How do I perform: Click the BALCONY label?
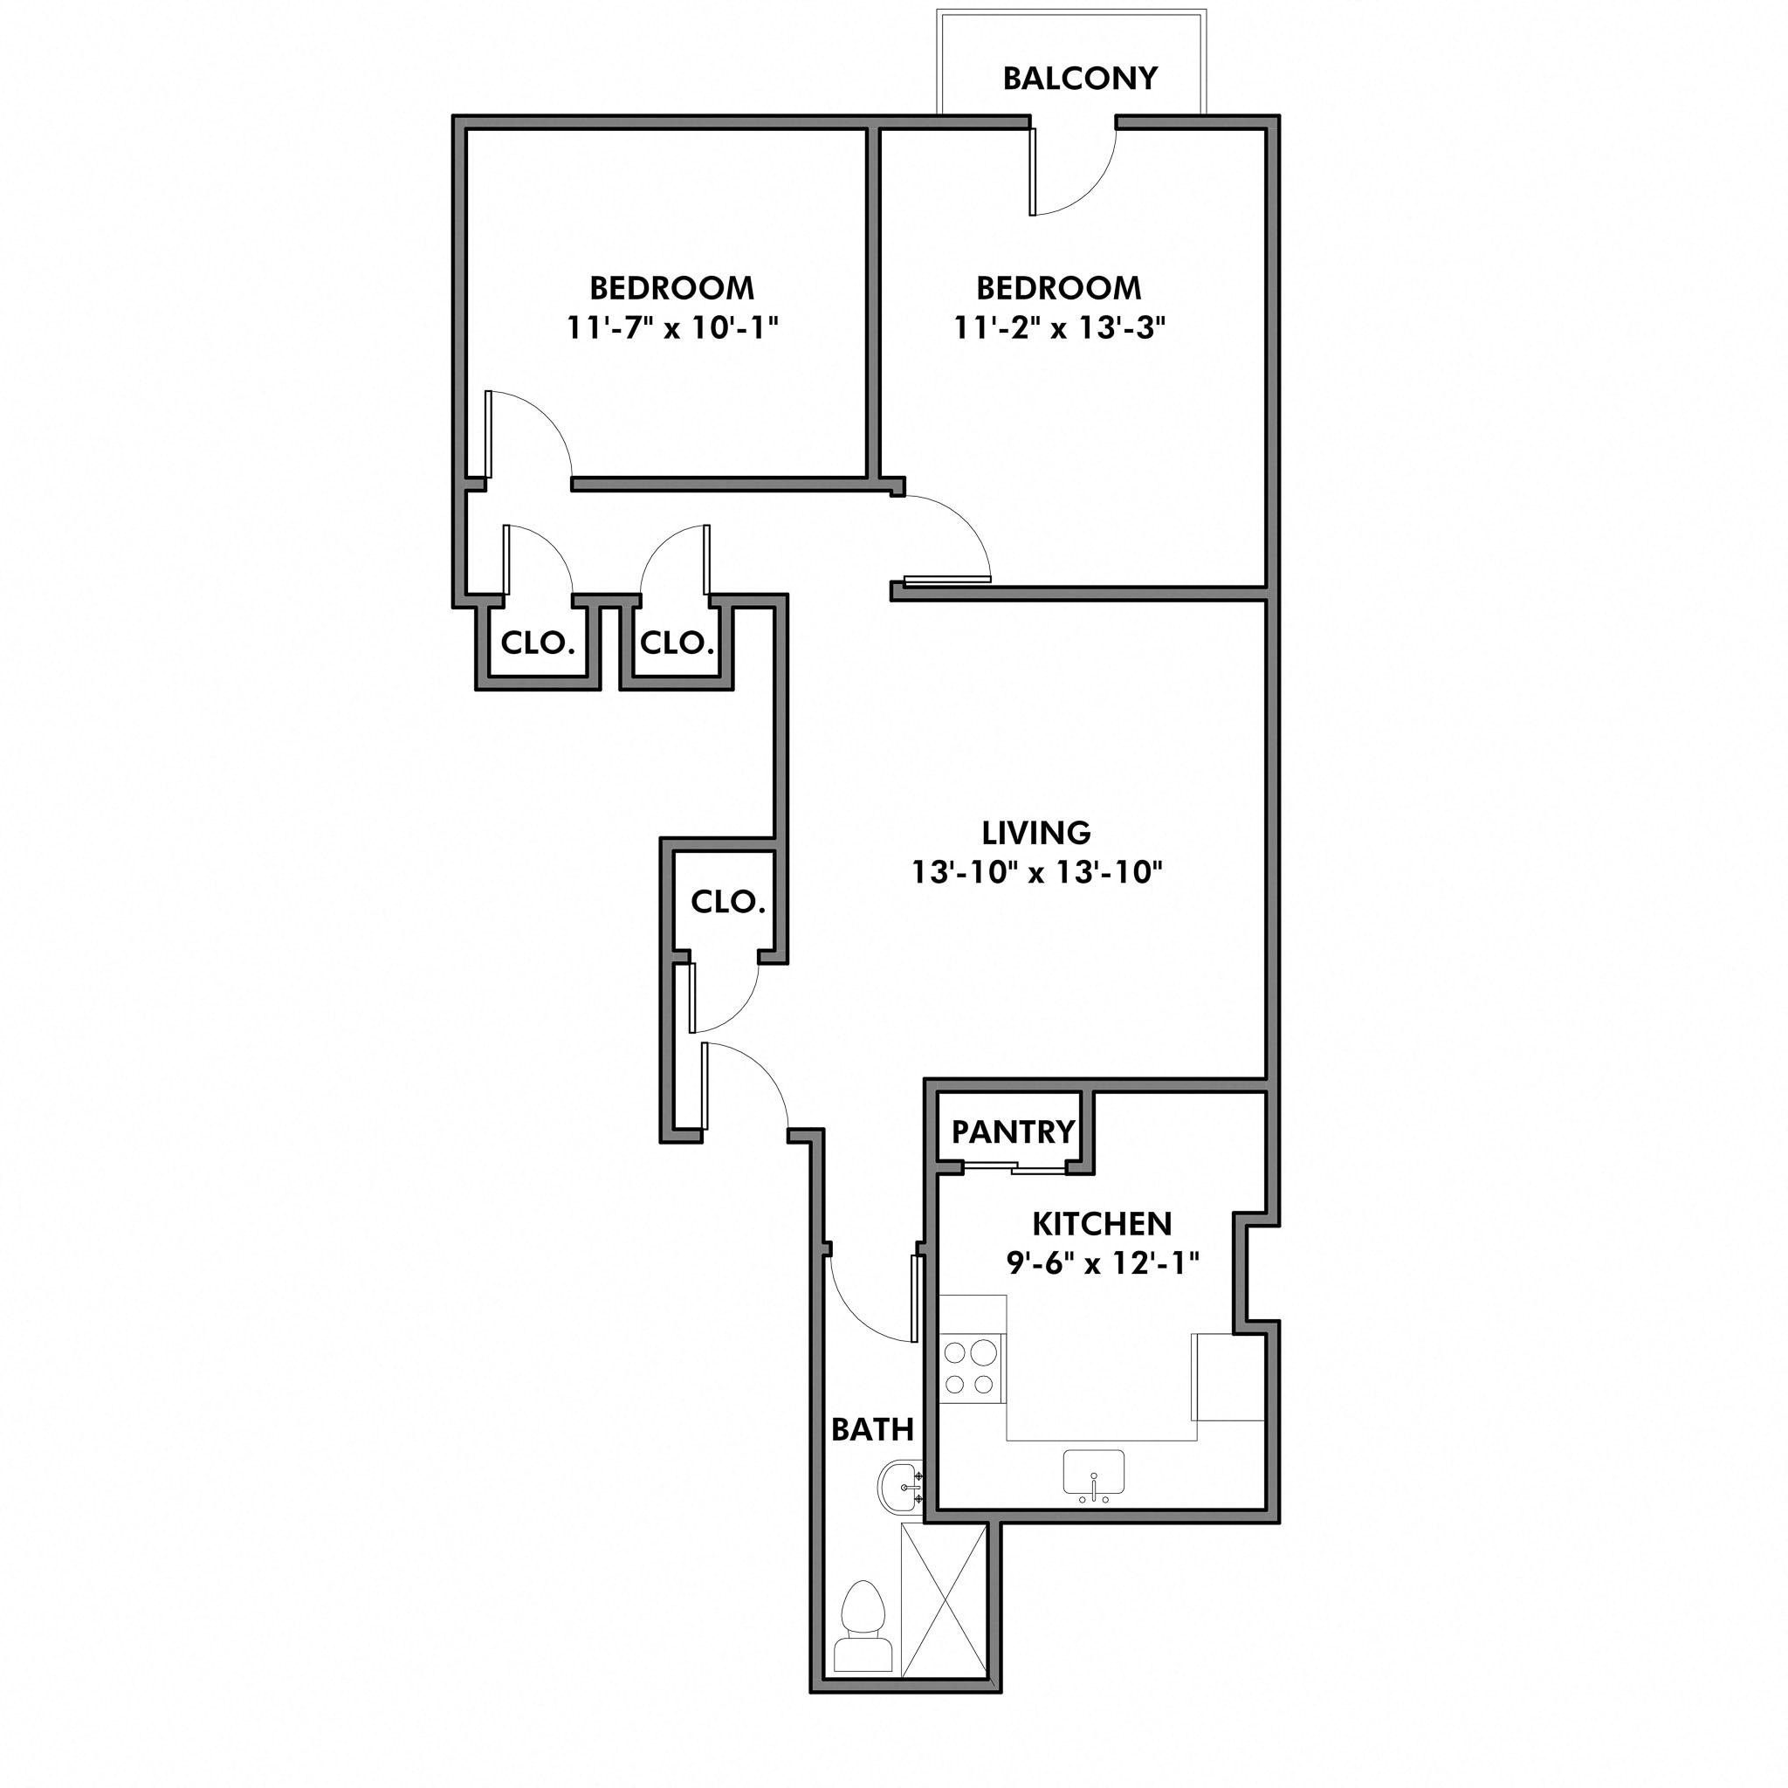(1079, 79)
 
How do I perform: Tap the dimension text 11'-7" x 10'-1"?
(672, 327)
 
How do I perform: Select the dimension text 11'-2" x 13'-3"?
(1059, 327)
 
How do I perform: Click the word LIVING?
(1035, 833)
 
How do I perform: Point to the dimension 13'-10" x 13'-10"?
(1035, 872)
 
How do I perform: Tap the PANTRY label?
(1013, 1131)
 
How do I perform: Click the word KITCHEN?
(1101, 1223)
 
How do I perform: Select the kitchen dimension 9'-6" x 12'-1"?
(1101, 1262)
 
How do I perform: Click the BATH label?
(872, 1430)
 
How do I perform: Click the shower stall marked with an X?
(943, 1601)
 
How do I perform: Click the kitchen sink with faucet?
(1093, 1475)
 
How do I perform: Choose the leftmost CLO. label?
(538, 643)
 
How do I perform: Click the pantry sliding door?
(1013, 1169)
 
